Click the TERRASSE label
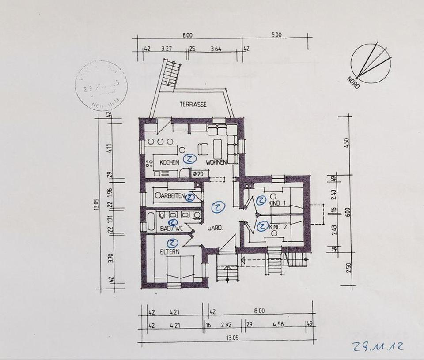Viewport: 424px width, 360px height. coord(193,105)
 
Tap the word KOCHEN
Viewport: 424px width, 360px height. coord(170,162)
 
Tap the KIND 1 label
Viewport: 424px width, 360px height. coord(278,203)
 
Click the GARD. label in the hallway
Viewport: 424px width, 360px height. coord(215,228)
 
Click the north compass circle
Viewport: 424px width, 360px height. coord(371,63)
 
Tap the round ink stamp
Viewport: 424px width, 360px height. coord(101,86)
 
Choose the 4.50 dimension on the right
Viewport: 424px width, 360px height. coord(347,143)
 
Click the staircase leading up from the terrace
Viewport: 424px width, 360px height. coord(171,74)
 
